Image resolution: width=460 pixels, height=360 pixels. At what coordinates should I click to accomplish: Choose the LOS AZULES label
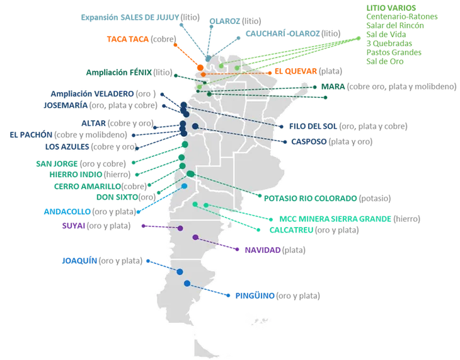point(66,147)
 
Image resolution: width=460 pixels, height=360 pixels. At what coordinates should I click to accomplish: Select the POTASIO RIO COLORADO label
point(310,198)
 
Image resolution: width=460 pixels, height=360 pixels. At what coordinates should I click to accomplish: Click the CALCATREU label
point(290,231)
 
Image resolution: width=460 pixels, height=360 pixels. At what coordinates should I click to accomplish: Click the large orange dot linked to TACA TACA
point(201,66)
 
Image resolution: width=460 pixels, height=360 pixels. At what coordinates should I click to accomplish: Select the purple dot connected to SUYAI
point(181,228)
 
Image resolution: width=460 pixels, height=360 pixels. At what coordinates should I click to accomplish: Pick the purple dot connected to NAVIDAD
point(195,238)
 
